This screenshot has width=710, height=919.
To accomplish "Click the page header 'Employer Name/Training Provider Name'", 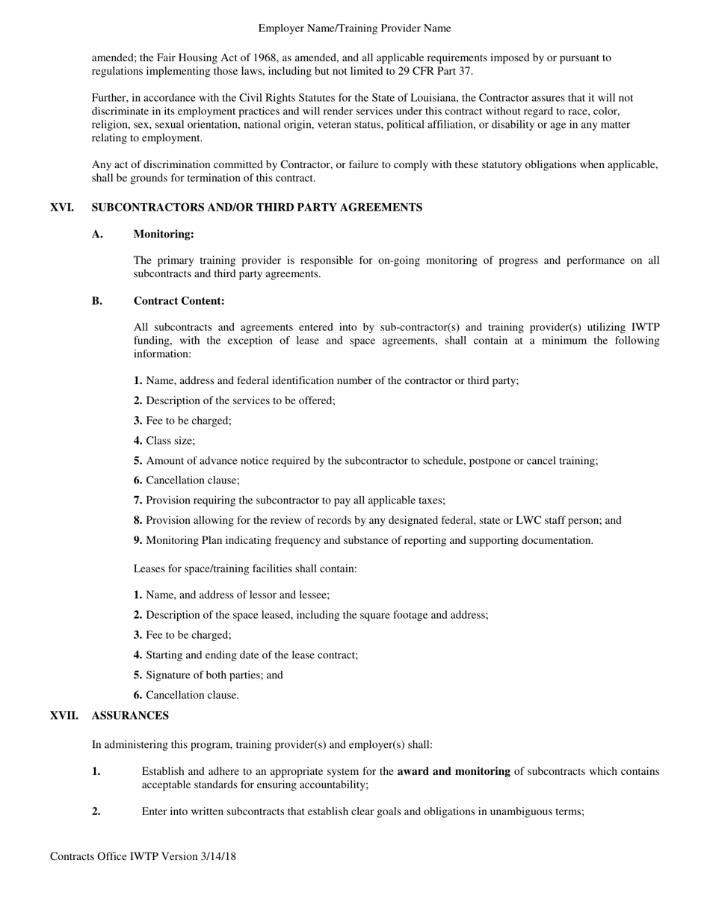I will [x=354, y=28].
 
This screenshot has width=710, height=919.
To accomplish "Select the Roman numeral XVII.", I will [x=64, y=716].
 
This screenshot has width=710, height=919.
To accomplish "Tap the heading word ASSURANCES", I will [x=130, y=716].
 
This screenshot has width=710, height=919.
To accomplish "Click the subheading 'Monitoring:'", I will [x=164, y=235].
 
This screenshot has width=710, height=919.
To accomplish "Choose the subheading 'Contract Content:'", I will [x=179, y=301].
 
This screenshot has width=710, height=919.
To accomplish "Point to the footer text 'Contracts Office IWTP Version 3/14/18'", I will [x=143, y=856].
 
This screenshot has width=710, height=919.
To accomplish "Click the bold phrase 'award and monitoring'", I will [x=454, y=772].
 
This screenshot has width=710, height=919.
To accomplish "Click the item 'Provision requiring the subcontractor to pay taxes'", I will [x=295, y=501].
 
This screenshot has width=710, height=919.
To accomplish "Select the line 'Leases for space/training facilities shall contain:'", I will [x=245, y=569].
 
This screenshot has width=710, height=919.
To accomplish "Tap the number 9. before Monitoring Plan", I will [x=138, y=541].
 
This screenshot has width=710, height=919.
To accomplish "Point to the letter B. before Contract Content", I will [x=97, y=301].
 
